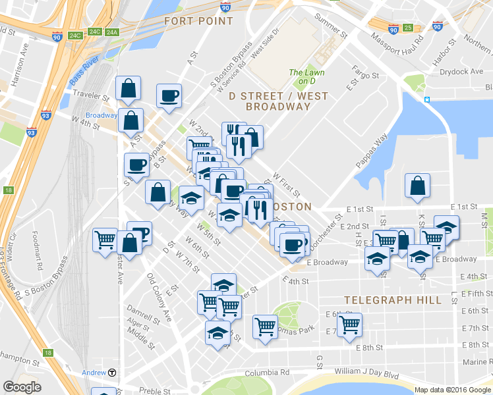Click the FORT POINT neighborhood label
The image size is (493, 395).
click(198, 21)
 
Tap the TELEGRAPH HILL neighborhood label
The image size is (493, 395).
click(392, 300)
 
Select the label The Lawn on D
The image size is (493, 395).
click(304, 77)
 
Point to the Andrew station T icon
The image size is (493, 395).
click(113, 373)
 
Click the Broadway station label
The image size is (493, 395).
click(101, 115)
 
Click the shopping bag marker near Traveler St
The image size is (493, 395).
click(128, 88)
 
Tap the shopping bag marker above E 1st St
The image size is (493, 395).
click(417, 186)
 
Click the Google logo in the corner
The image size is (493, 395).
click(22, 386)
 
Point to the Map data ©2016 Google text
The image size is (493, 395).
click(452, 390)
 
